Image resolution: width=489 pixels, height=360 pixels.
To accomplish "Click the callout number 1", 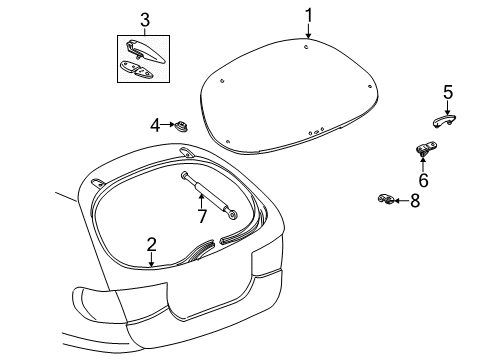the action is tap(309, 16).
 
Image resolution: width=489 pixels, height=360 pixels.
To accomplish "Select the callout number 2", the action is tap(152, 245).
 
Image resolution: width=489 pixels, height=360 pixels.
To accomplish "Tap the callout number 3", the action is tap(145, 20).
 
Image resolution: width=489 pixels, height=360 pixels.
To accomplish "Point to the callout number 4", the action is tap(155, 126).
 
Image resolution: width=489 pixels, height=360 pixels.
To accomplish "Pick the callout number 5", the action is tap(448, 92).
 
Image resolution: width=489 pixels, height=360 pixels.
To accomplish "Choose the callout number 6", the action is tap(423, 180).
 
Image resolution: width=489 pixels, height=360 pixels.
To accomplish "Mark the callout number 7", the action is tap(202, 216).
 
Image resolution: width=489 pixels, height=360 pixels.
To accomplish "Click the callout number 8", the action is tap(415, 201).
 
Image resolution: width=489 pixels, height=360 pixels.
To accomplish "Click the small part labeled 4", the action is tap(181, 125).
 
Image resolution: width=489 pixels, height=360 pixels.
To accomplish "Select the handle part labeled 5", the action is tap(444, 120).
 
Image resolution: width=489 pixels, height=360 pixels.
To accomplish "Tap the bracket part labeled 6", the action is tap(426, 148).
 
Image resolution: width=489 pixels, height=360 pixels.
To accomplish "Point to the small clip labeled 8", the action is tap(386, 199).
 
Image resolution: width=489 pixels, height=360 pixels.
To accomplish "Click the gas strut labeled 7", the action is tap(209, 195).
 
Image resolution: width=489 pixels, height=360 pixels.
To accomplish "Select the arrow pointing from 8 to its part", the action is tap(401, 201).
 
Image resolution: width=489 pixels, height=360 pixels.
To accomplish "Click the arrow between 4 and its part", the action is tap(168, 125).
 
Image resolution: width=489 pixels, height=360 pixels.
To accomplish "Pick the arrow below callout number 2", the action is tap(152, 260).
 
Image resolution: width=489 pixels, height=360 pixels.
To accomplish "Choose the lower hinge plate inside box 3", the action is tap(137, 70).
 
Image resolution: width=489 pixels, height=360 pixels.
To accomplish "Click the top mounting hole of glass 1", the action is tap(306, 47).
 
